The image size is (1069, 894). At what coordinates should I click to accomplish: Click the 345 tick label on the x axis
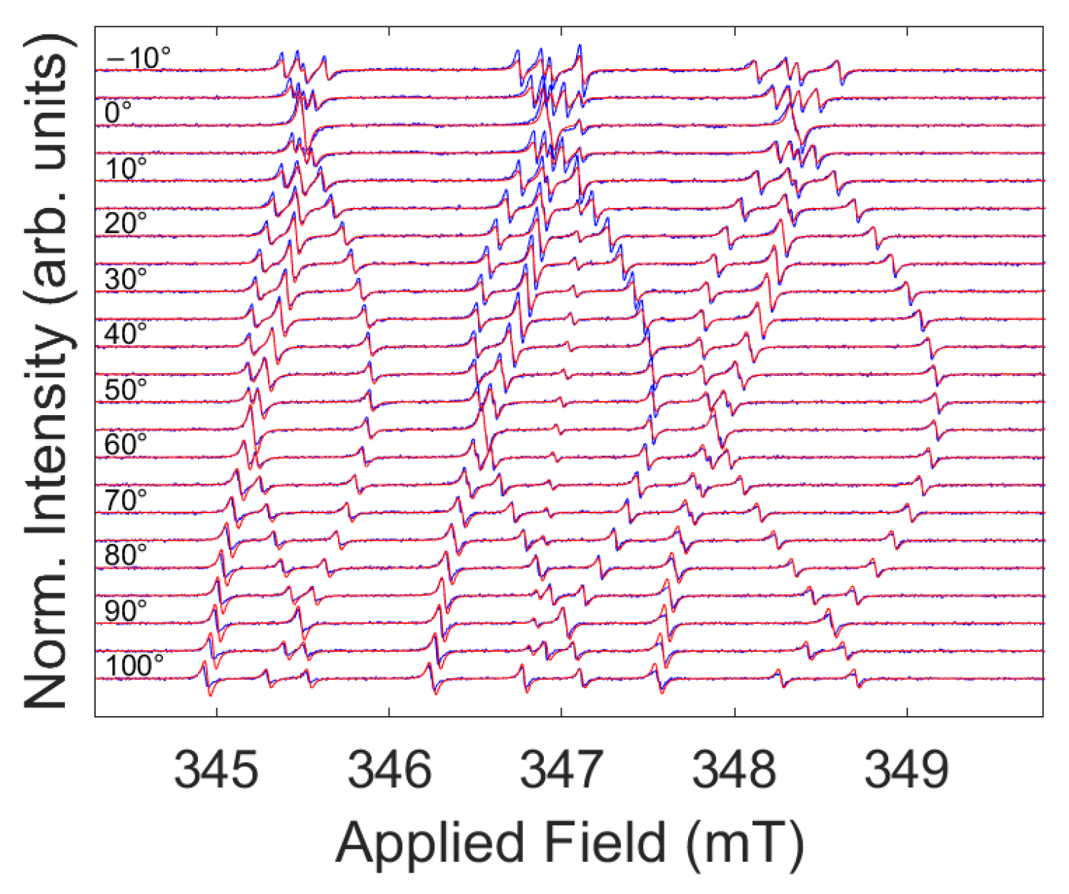click(x=216, y=770)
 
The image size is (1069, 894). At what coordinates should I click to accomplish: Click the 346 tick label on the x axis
click(x=389, y=770)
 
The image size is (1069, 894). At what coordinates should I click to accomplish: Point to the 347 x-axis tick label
click(x=561, y=770)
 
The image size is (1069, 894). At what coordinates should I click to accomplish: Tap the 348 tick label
click(x=734, y=770)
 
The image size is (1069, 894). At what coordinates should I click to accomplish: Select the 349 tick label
click(x=906, y=770)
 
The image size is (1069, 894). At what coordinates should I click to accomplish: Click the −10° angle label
click(x=138, y=58)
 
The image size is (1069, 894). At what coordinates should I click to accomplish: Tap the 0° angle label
click(x=119, y=113)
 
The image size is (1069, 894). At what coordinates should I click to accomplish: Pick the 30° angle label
click(x=126, y=279)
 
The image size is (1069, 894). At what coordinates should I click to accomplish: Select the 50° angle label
click(x=126, y=389)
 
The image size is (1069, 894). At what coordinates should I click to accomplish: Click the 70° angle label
click(x=126, y=500)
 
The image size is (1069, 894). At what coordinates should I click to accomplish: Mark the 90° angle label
click(x=126, y=611)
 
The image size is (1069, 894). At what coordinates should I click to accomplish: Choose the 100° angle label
click(x=134, y=666)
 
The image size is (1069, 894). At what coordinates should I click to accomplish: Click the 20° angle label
click(x=126, y=224)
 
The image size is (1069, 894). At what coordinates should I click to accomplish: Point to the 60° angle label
click(x=126, y=444)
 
